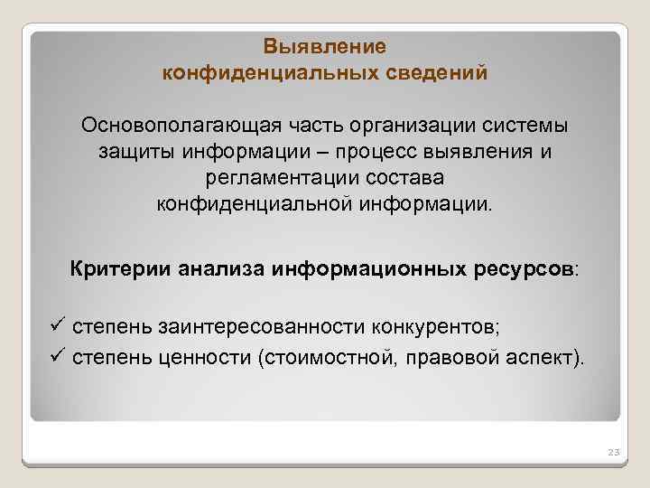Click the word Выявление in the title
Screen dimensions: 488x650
coord(325,46)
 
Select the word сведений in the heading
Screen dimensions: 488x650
coord(437,71)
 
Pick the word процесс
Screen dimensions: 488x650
coord(361,151)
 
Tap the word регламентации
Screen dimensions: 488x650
coord(294,176)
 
